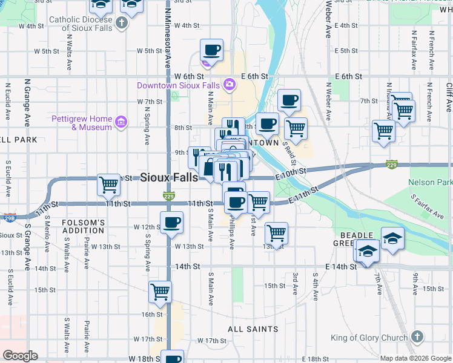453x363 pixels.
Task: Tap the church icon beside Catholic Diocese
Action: [x=122, y=24]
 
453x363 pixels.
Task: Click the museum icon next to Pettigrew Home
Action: [x=121, y=123]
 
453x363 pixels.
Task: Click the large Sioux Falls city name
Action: [x=169, y=177]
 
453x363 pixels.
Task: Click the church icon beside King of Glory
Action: [x=416, y=338]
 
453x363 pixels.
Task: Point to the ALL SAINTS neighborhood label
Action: [x=253, y=329]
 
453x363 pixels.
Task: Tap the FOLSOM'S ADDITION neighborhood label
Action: [x=83, y=226]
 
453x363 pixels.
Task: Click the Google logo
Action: [x=19, y=356]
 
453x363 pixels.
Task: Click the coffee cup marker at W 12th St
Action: [x=172, y=222]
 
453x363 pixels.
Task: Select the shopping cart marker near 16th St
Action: [x=160, y=292]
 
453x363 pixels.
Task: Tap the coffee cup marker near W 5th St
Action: [x=212, y=50]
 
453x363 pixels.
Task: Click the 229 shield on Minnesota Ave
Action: [x=169, y=195]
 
